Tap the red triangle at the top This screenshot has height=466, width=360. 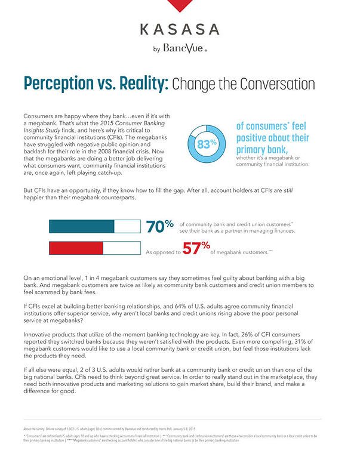[x=180, y=5]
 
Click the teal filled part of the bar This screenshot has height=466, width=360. [x=81, y=226]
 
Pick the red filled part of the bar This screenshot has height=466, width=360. [x=76, y=247]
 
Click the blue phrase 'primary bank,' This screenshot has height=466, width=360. [x=264, y=149]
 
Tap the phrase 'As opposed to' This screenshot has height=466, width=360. [x=163, y=252]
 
